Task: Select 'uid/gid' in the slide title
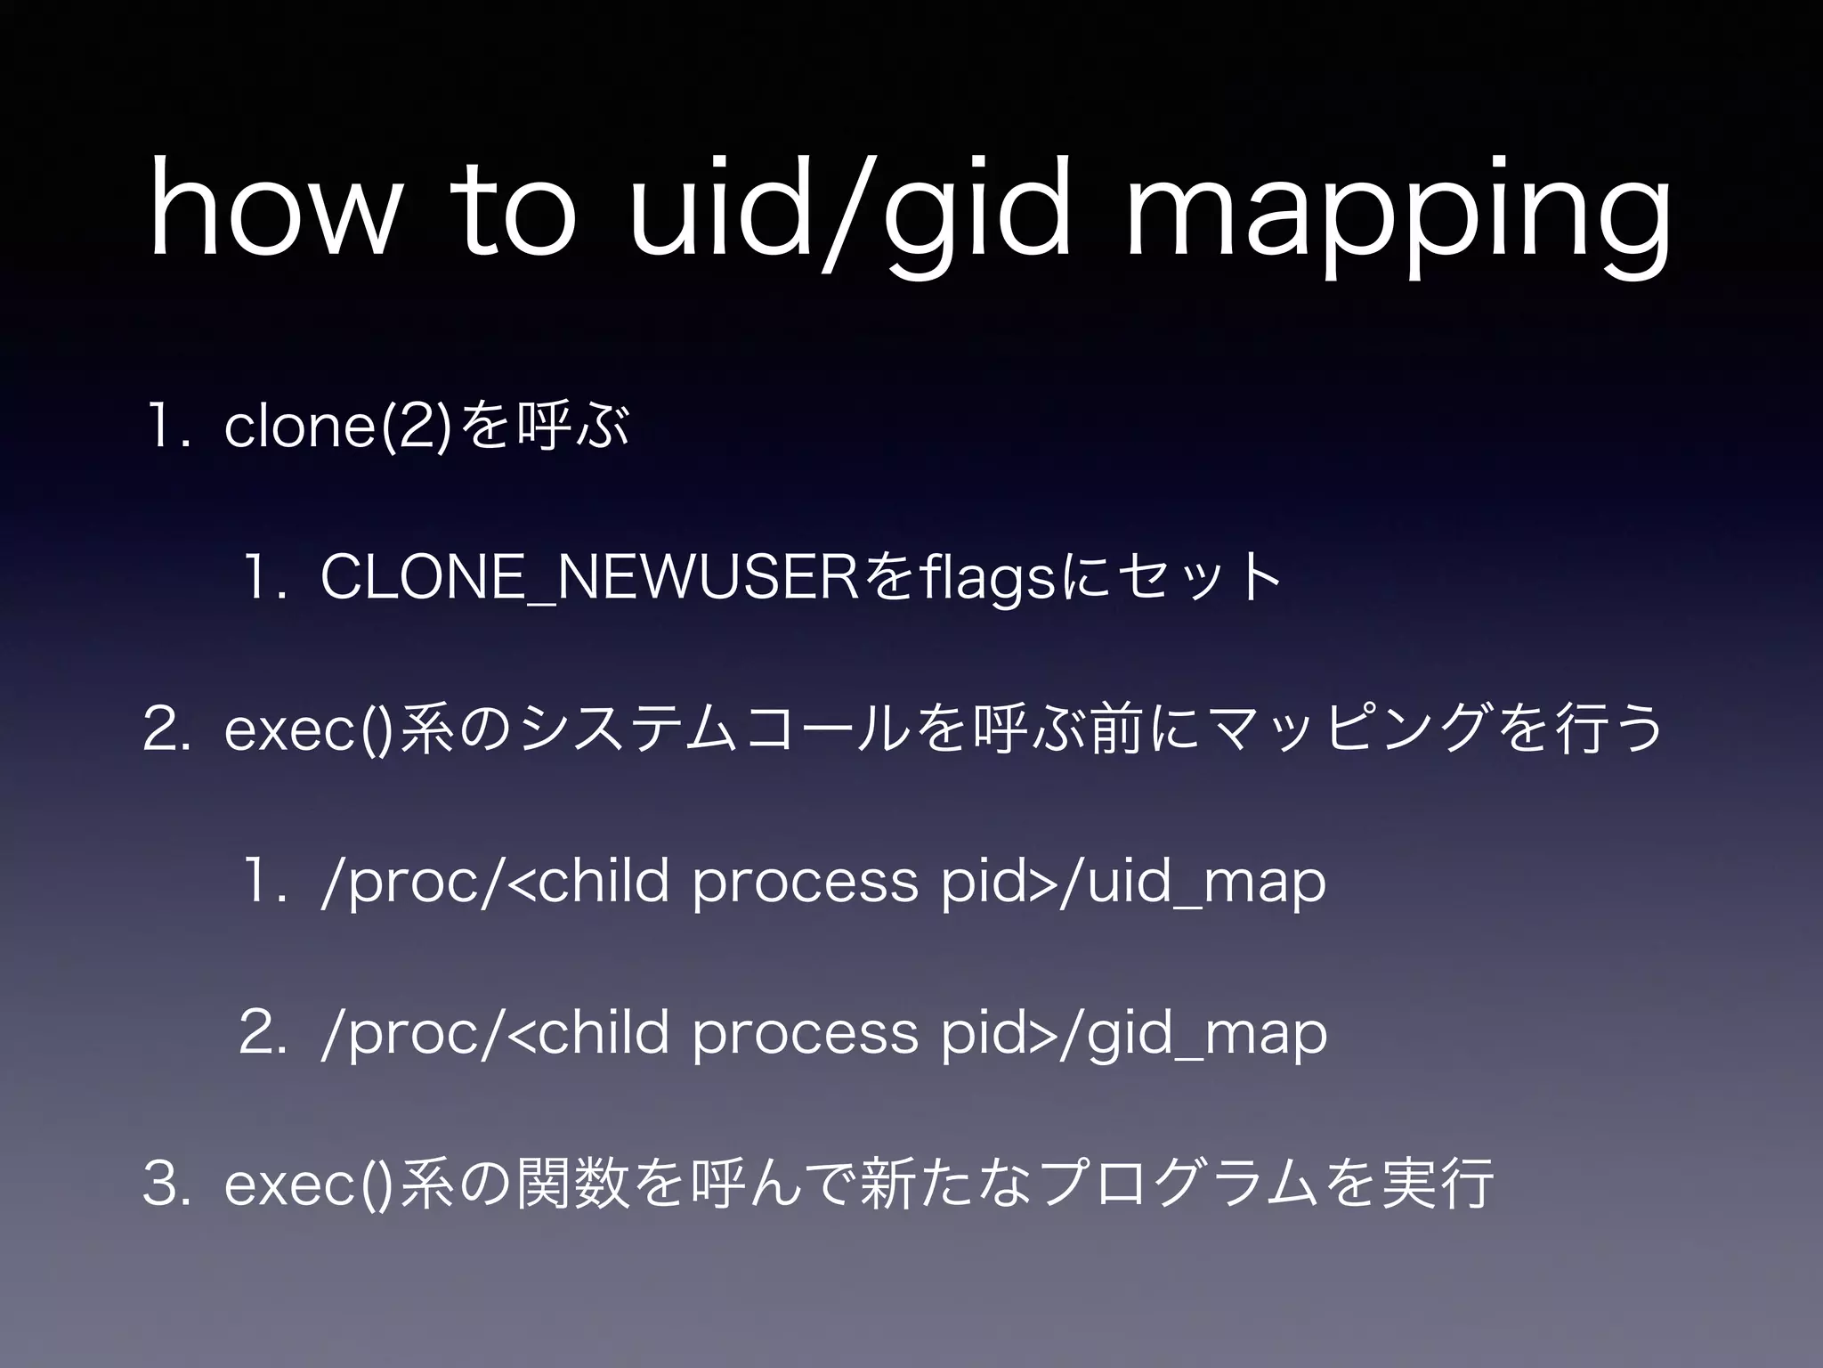pos(850,218)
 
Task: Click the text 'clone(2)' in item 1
pos(341,427)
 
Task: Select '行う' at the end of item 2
pos(1602,730)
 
